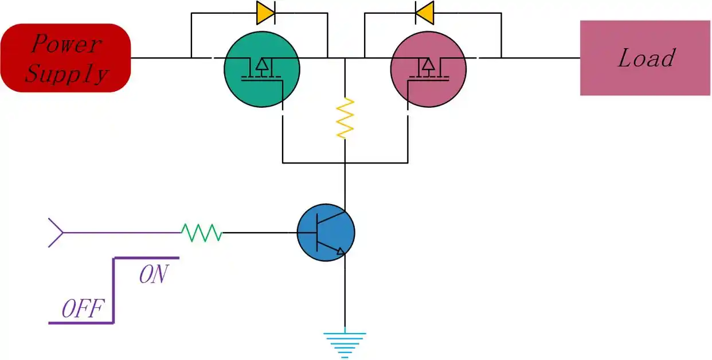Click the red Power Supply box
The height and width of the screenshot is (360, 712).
click(x=65, y=57)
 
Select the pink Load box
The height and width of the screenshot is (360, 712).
click(x=645, y=58)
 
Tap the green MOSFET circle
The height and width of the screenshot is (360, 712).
click(x=261, y=69)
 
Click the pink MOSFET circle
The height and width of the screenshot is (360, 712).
click(x=428, y=69)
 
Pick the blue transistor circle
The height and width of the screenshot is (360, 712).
click(x=326, y=233)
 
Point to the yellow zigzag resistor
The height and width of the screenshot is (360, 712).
click(x=345, y=118)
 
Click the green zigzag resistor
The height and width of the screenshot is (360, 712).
click(x=201, y=232)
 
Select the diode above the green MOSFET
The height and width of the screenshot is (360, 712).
click(x=265, y=13)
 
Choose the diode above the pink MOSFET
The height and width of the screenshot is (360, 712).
click(x=424, y=13)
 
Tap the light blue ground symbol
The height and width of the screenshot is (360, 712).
click(x=345, y=343)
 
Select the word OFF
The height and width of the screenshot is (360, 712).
click(x=83, y=310)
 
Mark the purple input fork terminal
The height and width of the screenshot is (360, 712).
click(x=56, y=232)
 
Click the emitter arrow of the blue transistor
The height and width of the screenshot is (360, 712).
click(x=342, y=251)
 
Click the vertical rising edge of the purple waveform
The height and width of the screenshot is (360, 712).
click(x=114, y=290)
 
